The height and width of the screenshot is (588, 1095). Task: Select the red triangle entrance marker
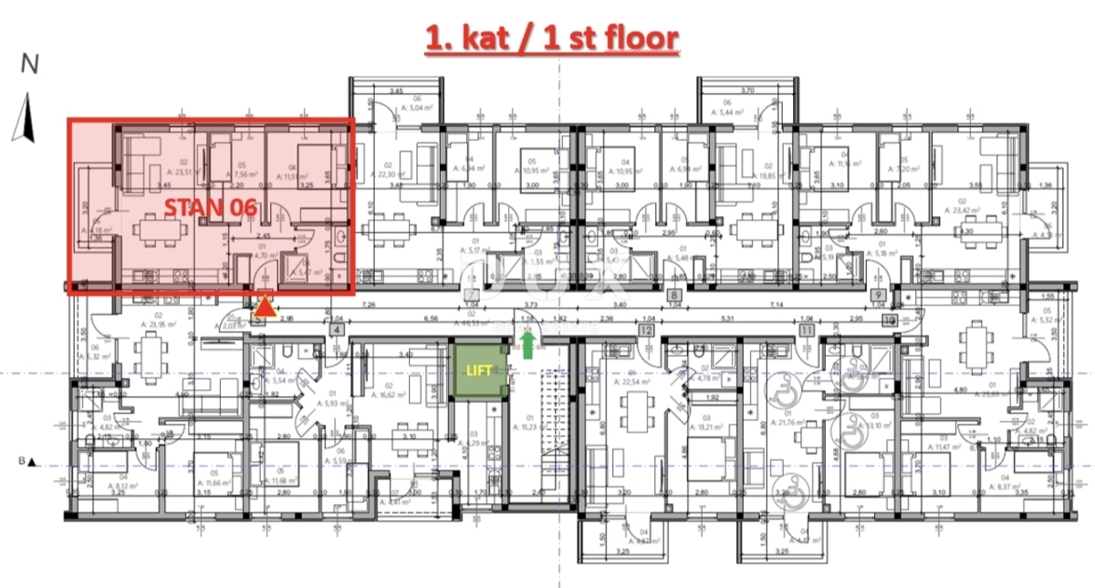click(x=264, y=308)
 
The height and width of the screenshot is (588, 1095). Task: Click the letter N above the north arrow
click(x=30, y=64)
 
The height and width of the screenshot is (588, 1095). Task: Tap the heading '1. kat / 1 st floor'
click(x=553, y=38)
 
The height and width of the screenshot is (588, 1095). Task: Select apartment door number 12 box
click(x=647, y=329)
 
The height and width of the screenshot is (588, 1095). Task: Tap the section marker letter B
click(x=20, y=462)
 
